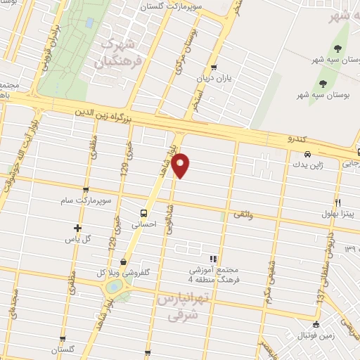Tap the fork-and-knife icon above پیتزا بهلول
pyautogui.click(x=338, y=202)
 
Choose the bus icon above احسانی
pyautogui.click(x=143, y=213)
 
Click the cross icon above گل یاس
pyautogui.click(x=77, y=228)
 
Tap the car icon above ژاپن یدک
pyautogui.click(x=307, y=154)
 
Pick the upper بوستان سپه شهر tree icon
pyautogui.click(x=337, y=48)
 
